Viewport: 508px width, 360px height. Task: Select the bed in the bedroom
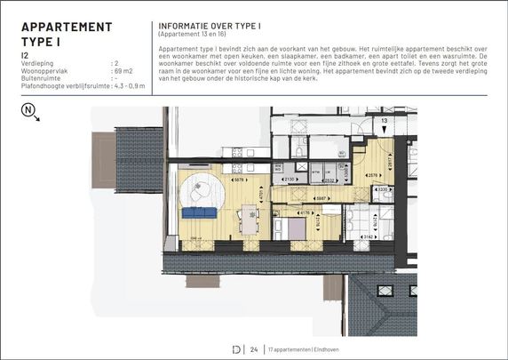[293, 228]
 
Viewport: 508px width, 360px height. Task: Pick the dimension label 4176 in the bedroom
[304, 212]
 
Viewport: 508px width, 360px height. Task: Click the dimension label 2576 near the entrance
[374, 175]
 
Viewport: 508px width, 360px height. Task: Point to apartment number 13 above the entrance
[384, 118]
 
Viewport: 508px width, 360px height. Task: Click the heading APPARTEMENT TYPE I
[67, 34]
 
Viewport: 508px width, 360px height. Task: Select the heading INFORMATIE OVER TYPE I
[208, 26]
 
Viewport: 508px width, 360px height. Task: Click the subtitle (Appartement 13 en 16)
[194, 34]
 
